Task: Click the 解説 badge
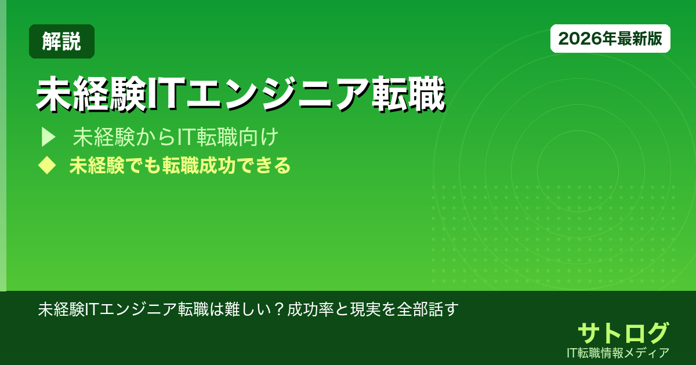tap(61, 41)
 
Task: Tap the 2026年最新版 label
tap(610, 39)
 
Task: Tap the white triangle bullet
tap(47, 137)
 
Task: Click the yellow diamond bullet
tap(46, 166)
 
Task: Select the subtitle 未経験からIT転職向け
tap(176, 137)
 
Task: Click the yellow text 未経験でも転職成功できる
tap(180, 166)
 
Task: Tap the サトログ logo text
tap(623, 333)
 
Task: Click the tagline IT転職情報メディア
tap(619, 352)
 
